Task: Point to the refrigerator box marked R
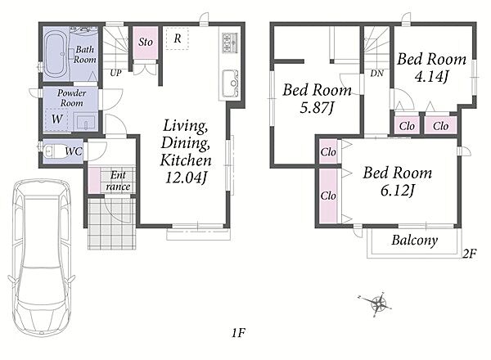click(x=178, y=38)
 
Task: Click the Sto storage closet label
click(x=146, y=42)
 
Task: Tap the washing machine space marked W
click(x=56, y=119)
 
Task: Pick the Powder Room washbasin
click(x=86, y=122)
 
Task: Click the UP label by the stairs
click(x=115, y=74)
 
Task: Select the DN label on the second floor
click(x=376, y=74)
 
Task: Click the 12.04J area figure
click(x=186, y=178)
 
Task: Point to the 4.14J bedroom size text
click(x=432, y=76)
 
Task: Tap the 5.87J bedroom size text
click(x=318, y=108)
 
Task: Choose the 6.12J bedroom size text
click(x=398, y=190)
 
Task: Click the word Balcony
click(x=415, y=241)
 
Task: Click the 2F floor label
click(x=470, y=254)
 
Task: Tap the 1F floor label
click(x=238, y=333)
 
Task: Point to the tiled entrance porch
click(x=112, y=223)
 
